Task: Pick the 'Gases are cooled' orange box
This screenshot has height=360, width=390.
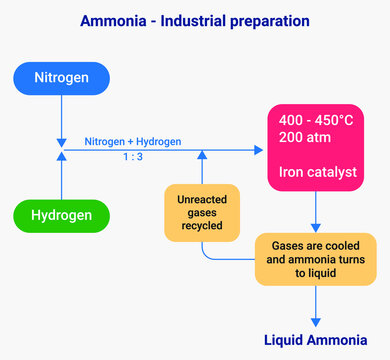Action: click(x=316, y=258)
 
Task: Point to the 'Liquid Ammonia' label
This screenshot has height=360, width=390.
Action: click(x=316, y=339)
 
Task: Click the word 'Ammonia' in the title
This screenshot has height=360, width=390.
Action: click(x=113, y=20)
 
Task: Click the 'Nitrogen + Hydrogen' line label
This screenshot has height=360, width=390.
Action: click(x=133, y=141)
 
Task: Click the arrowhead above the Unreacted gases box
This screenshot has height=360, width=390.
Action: click(x=201, y=156)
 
